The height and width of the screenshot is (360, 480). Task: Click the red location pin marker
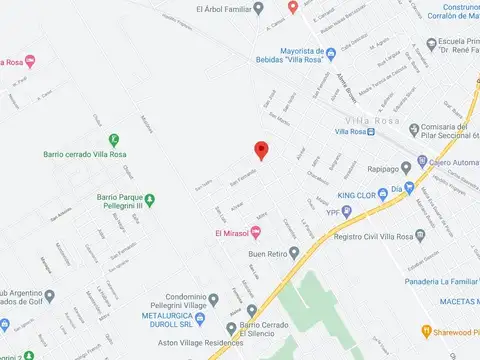tap(262, 150)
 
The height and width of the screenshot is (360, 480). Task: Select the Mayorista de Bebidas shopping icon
tap(333, 53)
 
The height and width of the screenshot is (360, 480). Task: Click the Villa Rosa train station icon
tap(370, 131)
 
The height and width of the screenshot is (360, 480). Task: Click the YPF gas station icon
tap(347, 212)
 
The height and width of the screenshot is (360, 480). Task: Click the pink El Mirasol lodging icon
tap(256, 234)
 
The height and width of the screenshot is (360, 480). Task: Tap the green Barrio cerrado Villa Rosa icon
tap(114, 141)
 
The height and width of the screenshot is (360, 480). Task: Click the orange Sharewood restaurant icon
tap(424, 331)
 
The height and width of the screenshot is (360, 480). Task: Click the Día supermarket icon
tap(410, 188)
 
